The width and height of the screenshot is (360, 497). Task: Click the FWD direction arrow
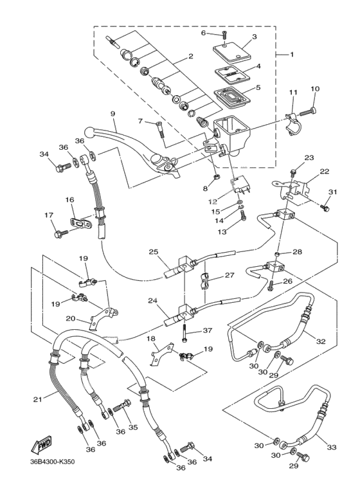pyautogui.click(x=41, y=445)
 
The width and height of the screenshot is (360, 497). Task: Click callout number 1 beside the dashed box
pyautogui.click(x=292, y=55)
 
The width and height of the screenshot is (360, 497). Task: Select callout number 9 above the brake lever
pyautogui.click(x=113, y=114)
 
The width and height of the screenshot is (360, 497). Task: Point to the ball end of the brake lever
pyautogui.click(x=89, y=131)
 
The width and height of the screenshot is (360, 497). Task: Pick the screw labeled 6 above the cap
pyautogui.click(x=225, y=35)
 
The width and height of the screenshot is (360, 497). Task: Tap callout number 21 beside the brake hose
pyautogui.click(x=38, y=399)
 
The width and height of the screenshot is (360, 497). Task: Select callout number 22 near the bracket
pyautogui.click(x=324, y=172)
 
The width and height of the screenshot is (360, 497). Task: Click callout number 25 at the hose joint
pyautogui.click(x=154, y=252)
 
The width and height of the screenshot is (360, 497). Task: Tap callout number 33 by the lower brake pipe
pyautogui.click(x=332, y=447)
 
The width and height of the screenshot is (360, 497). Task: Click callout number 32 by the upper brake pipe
pyautogui.click(x=321, y=341)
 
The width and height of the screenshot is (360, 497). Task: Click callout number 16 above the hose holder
pyautogui.click(x=69, y=200)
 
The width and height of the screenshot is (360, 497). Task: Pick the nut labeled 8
pyautogui.click(x=215, y=177)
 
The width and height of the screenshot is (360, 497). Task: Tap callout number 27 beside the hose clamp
pyautogui.click(x=230, y=275)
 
